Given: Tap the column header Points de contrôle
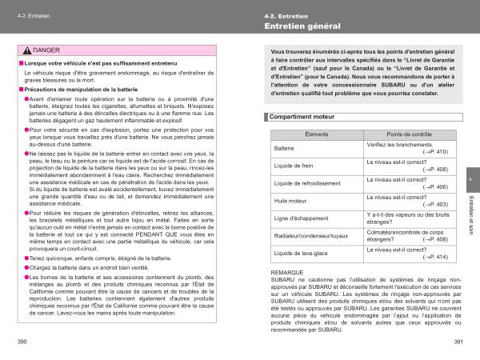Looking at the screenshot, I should point(409,134).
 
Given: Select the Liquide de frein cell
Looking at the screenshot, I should point(294,166).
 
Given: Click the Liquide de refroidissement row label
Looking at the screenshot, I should point(307,183).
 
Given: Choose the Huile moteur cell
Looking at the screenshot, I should point(291,201).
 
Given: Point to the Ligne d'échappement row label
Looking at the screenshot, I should point(299,218).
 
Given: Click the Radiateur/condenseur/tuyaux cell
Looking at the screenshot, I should point(311,236).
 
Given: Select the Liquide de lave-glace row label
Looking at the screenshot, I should point(300,254).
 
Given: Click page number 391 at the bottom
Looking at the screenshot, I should point(458,341).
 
